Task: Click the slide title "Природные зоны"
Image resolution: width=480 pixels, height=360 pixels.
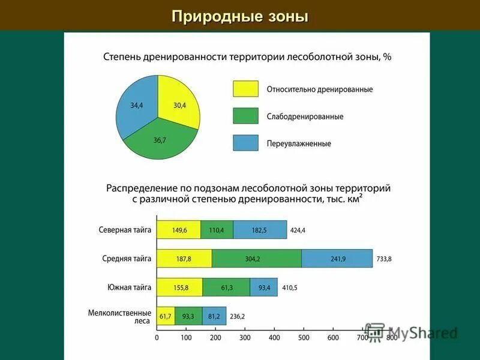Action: tap(240, 16)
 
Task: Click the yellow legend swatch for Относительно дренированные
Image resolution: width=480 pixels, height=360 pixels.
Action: tap(245, 89)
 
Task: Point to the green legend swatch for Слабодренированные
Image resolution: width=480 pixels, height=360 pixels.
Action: tap(245, 116)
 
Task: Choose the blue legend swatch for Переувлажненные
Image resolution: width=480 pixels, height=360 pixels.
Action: tap(245, 143)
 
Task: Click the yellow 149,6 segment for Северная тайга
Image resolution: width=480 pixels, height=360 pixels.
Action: tap(179, 229)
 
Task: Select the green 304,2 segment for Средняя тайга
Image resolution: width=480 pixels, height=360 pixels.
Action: tap(256, 259)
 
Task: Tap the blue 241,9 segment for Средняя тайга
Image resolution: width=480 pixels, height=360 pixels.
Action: tap(337, 259)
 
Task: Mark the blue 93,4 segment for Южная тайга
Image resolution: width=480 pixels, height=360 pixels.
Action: tap(263, 287)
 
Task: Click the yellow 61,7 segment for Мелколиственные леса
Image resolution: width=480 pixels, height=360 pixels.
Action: tap(166, 316)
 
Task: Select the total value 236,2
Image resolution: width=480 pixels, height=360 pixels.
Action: tap(238, 316)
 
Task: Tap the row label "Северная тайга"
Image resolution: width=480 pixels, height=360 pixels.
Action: tap(125, 229)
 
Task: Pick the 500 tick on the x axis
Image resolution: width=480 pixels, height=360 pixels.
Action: tap(304, 338)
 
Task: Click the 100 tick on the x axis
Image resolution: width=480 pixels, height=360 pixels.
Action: tap(186, 338)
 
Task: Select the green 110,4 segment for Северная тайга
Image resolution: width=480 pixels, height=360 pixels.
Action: tap(217, 229)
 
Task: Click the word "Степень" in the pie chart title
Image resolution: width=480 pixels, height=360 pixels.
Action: tap(122, 57)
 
